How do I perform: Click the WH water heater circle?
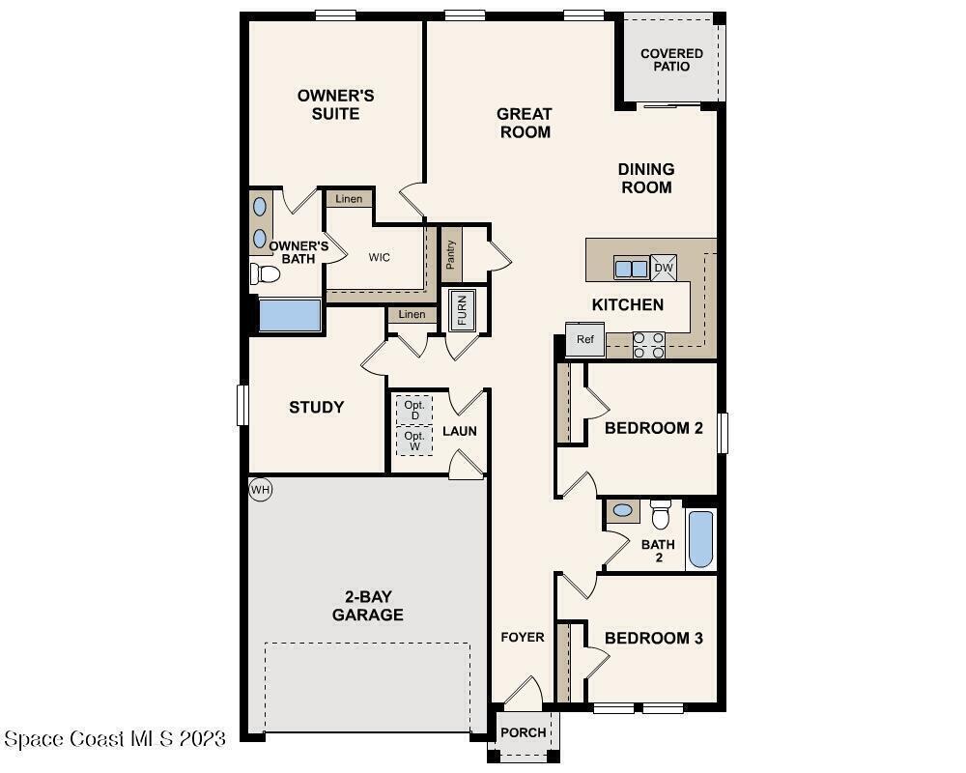click(x=261, y=490)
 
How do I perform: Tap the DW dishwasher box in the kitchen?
click(x=664, y=269)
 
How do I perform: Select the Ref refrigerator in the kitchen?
click(x=585, y=339)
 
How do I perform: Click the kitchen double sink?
click(x=632, y=269)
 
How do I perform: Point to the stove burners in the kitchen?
click(x=649, y=345)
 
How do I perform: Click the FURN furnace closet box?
click(x=462, y=309)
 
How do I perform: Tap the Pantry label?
click(x=451, y=254)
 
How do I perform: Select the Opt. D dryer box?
click(x=414, y=410)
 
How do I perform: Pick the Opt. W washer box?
click(x=414, y=441)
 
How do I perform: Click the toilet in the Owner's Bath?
click(x=265, y=273)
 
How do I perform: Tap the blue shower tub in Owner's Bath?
click(x=290, y=315)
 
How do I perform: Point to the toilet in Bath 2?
click(x=661, y=514)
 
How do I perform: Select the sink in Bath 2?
click(x=623, y=510)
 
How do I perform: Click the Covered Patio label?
click(x=671, y=60)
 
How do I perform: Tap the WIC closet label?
click(x=380, y=257)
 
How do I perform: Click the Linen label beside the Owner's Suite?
click(x=349, y=198)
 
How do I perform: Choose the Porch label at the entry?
click(x=523, y=732)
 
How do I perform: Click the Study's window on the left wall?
click(x=242, y=405)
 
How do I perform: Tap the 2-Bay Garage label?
click(x=368, y=605)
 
